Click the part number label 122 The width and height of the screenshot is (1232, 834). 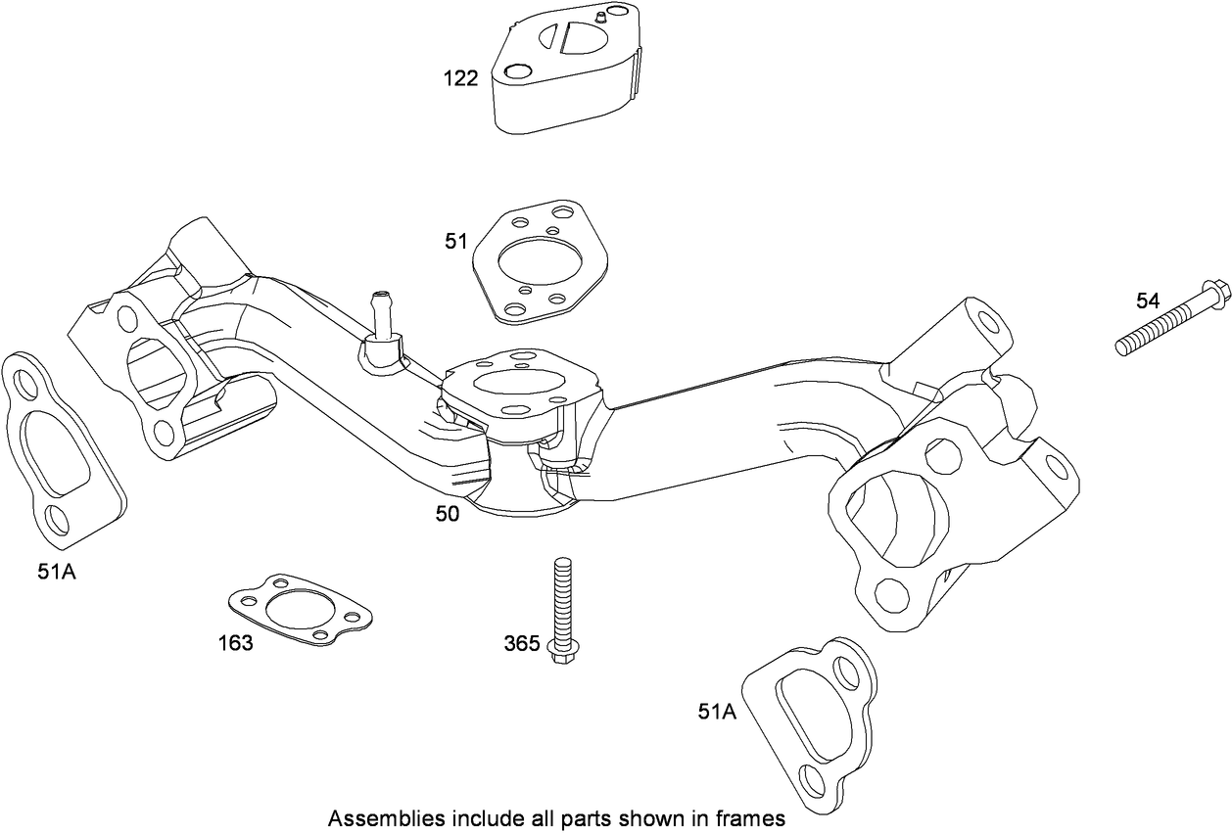pyautogui.click(x=459, y=78)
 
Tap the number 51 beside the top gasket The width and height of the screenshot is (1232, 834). pyautogui.click(x=456, y=241)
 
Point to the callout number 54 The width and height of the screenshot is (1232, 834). pyautogui.click(x=1147, y=301)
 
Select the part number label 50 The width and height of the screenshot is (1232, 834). pyautogui.click(x=447, y=513)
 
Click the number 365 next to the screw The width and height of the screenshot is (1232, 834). pyautogui.click(x=521, y=643)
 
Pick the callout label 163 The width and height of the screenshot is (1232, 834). pyautogui.click(x=235, y=643)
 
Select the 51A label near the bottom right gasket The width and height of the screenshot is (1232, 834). pyautogui.click(x=716, y=713)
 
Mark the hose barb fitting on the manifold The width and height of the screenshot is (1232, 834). pyautogui.click(x=380, y=323)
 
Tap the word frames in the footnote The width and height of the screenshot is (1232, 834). pyautogui.click(x=755, y=817)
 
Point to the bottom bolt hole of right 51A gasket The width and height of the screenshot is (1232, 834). pyautogui.click(x=811, y=781)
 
